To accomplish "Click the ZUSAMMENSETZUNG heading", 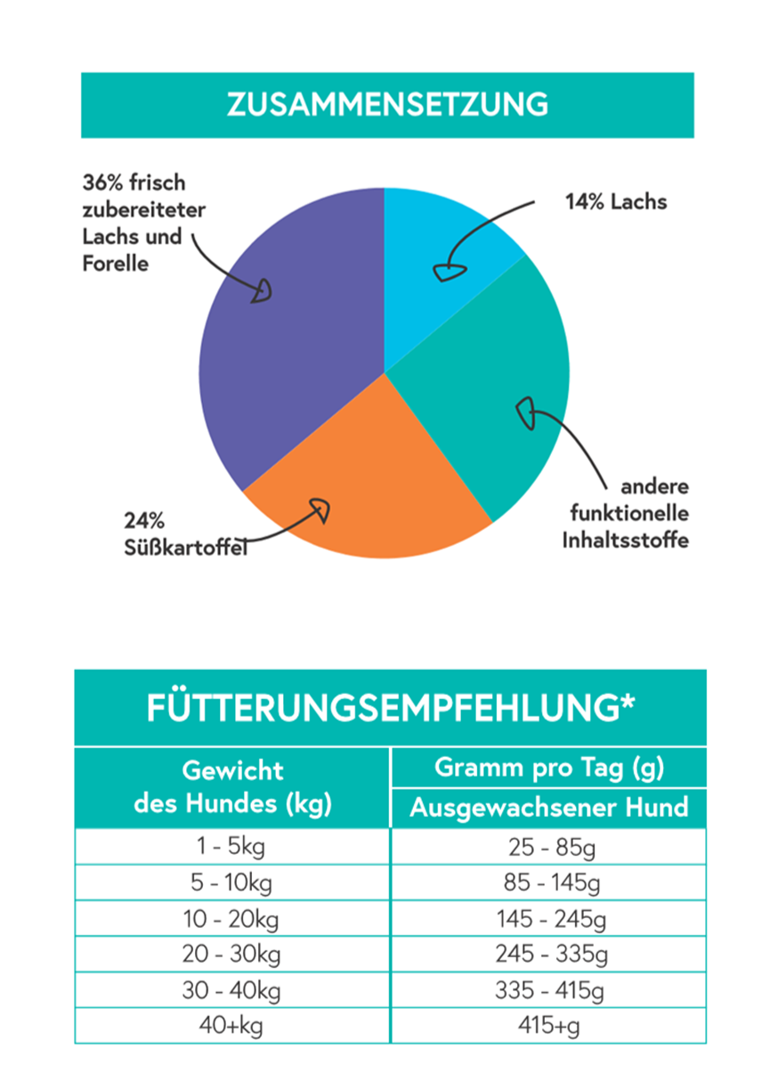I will [x=387, y=105].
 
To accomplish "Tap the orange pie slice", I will [x=374, y=499].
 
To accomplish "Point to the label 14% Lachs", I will [x=616, y=201].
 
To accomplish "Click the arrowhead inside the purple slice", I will [x=261, y=292].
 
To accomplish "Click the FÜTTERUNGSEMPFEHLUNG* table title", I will [x=390, y=708].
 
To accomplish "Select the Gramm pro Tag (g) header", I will [x=548, y=767].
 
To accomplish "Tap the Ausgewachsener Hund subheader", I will [x=548, y=808].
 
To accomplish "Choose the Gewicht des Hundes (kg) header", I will [x=232, y=787].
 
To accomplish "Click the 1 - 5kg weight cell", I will [x=232, y=847].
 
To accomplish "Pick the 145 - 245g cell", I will [x=548, y=918].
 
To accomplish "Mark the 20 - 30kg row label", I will [x=232, y=955].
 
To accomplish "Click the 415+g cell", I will [x=548, y=1026].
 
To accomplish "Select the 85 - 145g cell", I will [x=548, y=883].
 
